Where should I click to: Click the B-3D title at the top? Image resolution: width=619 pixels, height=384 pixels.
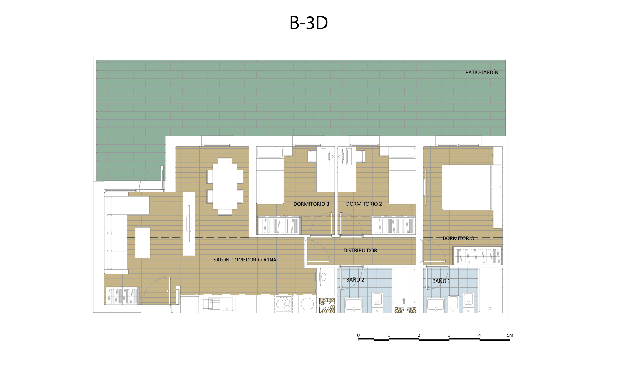pos(309,23)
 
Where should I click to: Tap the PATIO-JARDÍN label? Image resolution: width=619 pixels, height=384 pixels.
pos(482,72)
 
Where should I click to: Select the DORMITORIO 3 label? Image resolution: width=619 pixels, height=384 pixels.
pos(311,204)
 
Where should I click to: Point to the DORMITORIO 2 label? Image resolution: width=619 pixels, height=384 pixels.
pos(364,204)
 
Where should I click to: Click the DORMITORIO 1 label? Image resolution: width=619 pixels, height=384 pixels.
pos(460,238)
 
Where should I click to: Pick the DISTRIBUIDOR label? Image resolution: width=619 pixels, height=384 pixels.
pos(360,251)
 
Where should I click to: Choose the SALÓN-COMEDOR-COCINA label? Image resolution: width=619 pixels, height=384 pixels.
pos(245,260)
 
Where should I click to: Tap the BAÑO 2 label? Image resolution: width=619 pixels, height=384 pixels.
pos(355,280)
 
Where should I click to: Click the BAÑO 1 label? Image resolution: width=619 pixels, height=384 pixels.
pos(441,281)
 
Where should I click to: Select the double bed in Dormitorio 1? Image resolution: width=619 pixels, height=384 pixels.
pos(472,188)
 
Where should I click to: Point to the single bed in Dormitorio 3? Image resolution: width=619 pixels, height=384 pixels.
pos(270,175)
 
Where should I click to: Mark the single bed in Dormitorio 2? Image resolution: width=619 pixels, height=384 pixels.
pos(402,175)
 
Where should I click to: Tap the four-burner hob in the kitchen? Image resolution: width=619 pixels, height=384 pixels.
pos(284,304)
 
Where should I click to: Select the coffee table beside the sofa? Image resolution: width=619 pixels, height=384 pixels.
pos(143,243)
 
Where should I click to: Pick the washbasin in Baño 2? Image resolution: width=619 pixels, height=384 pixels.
pos(353,304)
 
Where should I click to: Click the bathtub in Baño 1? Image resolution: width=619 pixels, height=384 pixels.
pos(490,290)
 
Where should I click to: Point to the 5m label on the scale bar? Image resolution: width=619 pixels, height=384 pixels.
pos(510,335)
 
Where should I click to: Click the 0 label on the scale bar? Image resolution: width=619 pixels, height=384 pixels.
pos(358,335)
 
